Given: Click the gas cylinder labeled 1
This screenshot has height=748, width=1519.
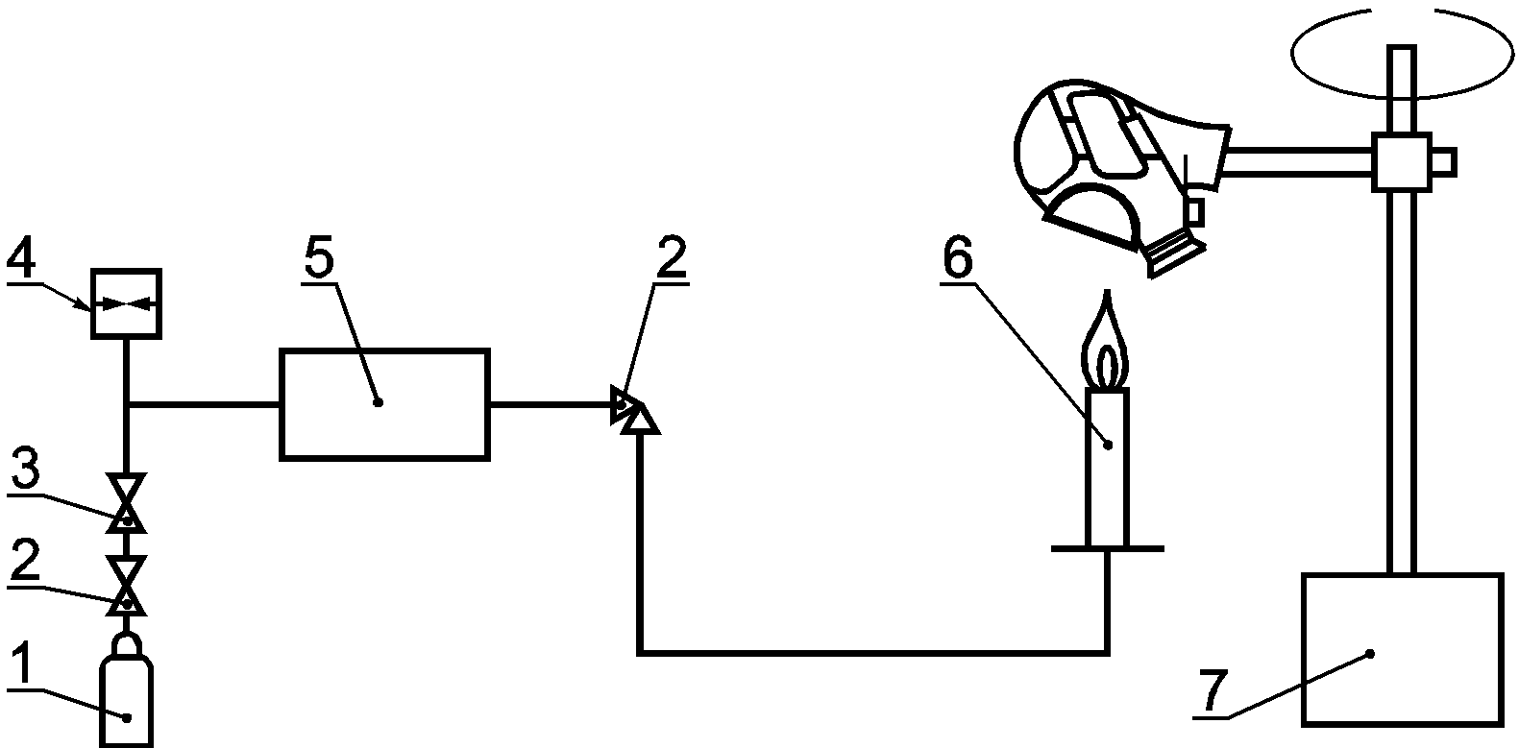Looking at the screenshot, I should [126, 696].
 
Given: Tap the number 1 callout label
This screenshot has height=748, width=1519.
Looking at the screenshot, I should [26, 663].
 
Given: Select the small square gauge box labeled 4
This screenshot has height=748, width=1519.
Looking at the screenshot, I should [126, 303].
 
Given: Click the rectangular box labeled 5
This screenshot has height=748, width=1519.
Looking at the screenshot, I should [383, 404].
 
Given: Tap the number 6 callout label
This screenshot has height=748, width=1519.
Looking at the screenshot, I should [957, 257].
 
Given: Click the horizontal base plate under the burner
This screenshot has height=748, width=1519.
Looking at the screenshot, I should [1107, 549].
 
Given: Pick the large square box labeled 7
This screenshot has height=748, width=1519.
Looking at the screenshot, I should [1401, 649].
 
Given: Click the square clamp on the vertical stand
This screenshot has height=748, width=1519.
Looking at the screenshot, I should [1400, 160].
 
